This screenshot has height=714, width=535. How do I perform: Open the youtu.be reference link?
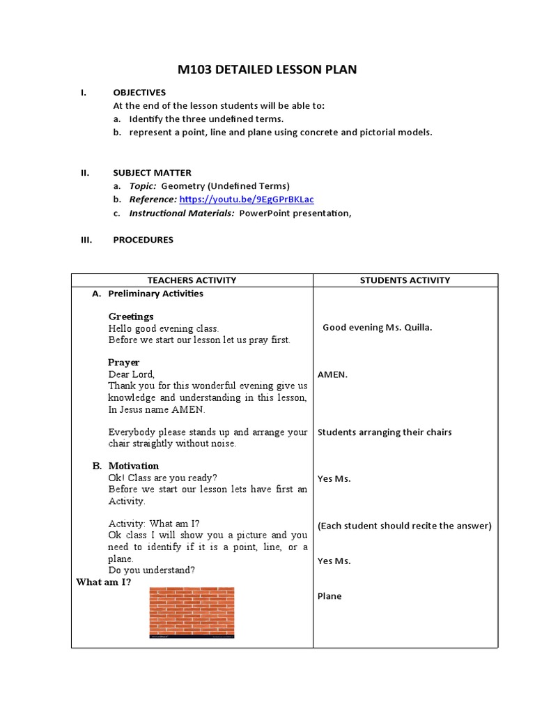[x=246, y=199]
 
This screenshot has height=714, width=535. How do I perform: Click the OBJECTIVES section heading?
[x=139, y=92]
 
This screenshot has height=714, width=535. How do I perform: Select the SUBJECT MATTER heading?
[x=152, y=172]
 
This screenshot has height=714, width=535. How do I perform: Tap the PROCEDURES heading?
[x=143, y=240]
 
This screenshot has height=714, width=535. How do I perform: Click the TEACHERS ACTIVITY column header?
[x=192, y=280]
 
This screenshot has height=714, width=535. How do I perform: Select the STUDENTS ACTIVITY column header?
[x=405, y=280]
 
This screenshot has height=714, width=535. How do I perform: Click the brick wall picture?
[x=192, y=612]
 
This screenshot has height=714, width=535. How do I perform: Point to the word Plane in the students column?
[x=329, y=596]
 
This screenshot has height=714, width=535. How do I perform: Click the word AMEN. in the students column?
[x=332, y=374]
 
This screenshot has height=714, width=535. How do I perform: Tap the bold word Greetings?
[x=130, y=317]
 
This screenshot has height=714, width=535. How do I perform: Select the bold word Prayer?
[x=123, y=363]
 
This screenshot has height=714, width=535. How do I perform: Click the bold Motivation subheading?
[x=133, y=466]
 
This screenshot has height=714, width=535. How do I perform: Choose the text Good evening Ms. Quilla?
[x=377, y=328]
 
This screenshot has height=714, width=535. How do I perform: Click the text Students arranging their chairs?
[x=385, y=432]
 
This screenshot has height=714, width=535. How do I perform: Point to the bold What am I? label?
[x=103, y=582]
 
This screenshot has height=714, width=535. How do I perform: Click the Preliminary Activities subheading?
[x=155, y=294]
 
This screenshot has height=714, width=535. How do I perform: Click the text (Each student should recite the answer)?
[x=404, y=526]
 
